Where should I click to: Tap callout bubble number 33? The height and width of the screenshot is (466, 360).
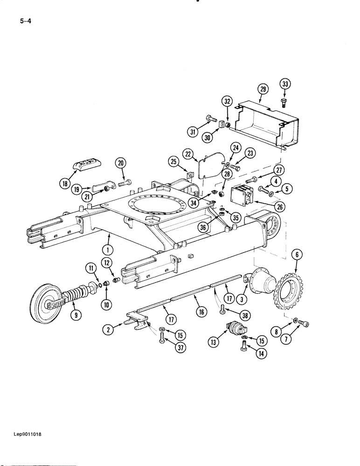coord(285,84)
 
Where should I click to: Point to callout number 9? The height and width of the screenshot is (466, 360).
coord(74,315)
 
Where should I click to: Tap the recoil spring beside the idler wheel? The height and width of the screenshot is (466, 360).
coord(76,295)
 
